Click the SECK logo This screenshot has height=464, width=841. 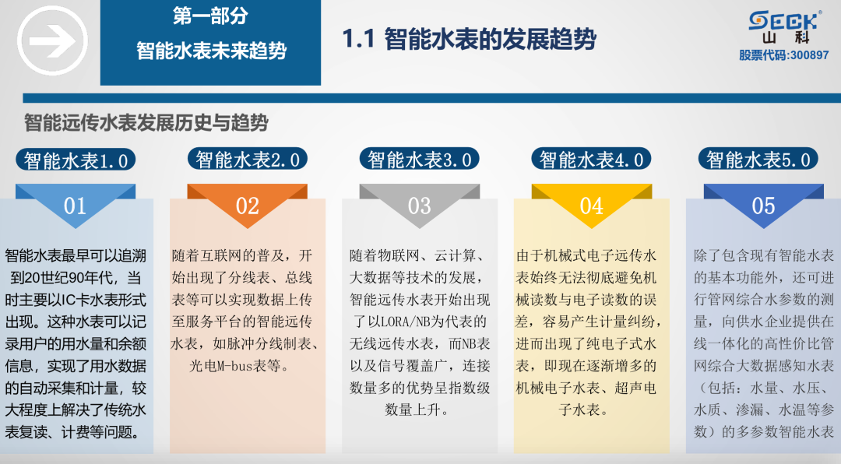(783, 20)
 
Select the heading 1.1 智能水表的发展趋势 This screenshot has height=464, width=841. (470, 39)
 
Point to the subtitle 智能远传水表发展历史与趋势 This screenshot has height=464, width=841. (146, 123)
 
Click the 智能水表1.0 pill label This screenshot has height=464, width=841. (76, 160)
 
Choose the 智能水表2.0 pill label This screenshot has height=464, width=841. (248, 160)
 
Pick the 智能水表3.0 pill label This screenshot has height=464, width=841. (420, 160)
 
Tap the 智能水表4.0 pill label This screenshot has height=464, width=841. (592, 160)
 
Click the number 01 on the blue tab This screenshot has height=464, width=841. (75, 206)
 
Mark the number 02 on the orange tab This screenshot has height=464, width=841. (247, 206)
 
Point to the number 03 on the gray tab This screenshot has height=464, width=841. (419, 206)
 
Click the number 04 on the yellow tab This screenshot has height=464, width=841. (591, 206)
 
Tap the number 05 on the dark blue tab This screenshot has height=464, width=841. (763, 206)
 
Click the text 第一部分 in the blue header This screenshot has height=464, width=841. (210, 16)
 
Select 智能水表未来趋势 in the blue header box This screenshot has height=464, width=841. (211, 51)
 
